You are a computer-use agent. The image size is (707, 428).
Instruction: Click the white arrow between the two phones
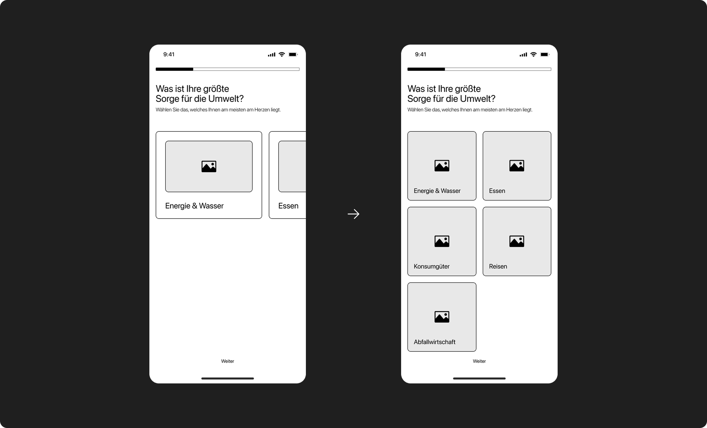(353, 214)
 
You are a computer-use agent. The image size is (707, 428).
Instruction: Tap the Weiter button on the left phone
(228, 361)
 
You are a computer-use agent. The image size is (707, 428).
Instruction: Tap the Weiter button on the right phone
(479, 361)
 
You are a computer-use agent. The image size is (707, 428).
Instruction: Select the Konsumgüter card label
(431, 266)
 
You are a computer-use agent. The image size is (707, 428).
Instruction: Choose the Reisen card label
(498, 266)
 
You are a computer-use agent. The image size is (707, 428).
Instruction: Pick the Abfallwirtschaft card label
(434, 342)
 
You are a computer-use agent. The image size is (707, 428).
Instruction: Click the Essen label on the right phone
(497, 191)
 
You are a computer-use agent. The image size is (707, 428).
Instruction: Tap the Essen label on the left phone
(288, 206)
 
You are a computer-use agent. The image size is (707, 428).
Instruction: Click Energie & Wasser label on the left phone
(194, 206)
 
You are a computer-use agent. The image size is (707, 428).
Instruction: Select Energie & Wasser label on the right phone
(437, 191)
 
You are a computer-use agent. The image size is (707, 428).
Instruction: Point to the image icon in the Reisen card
(517, 241)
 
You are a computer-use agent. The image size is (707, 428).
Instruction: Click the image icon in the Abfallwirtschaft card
(442, 317)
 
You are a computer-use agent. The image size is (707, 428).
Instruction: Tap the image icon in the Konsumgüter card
(442, 241)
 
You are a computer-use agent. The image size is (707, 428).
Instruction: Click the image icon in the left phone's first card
(209, 166)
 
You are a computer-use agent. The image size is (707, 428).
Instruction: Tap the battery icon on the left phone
(293, 54)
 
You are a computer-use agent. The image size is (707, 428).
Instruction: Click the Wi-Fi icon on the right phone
(534, 54)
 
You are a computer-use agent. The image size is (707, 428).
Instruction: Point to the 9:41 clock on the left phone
(169, 54)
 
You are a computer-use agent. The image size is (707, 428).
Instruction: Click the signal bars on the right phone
(523, 55)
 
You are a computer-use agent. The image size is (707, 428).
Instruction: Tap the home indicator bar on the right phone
(479, 378)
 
